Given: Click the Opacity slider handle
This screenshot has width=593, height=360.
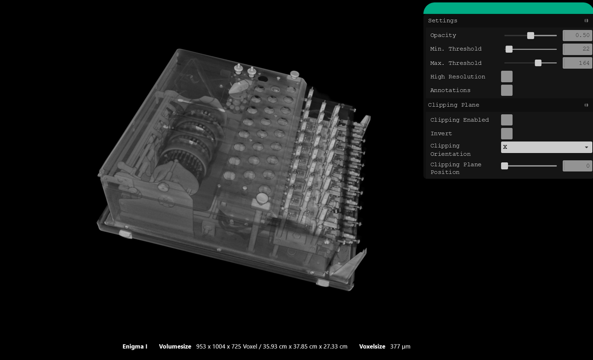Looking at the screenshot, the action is coord(530,36).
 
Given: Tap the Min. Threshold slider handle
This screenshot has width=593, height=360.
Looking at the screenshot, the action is coord(509,49).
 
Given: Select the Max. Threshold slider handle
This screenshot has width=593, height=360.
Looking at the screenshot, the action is coord(538,63).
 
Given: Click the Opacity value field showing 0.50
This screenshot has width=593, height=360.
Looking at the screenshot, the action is coord(577,35).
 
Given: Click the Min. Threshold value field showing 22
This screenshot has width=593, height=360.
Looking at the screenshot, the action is coord(577,49).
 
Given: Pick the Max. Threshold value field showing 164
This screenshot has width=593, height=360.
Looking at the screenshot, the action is coord(577,63).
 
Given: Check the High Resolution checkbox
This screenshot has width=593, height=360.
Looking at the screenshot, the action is coord(507,77).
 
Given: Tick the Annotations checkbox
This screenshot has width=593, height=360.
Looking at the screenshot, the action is coord(507,90).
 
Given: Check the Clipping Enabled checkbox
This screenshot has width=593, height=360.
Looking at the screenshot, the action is coord(507,120).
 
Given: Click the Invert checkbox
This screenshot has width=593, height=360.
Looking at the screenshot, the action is coord(507,134).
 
